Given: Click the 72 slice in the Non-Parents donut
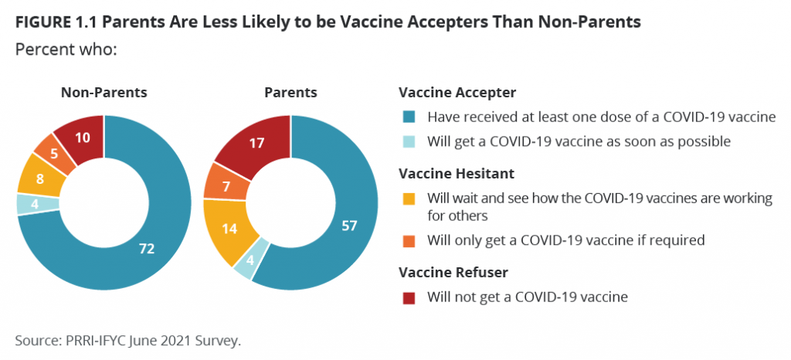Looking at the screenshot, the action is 151,247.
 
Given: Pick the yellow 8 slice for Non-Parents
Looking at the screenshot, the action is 39,177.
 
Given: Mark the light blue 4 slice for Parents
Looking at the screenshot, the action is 250,261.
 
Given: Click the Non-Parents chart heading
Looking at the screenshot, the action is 104,93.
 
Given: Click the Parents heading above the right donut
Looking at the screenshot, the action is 291,93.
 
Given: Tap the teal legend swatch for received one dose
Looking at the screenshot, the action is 409,117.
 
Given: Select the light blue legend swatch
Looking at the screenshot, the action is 409,141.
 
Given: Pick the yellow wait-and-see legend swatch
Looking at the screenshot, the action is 409,198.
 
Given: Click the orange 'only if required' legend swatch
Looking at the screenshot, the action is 409,240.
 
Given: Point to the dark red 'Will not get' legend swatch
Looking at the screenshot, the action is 409,297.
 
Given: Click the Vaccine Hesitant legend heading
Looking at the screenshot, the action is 457,174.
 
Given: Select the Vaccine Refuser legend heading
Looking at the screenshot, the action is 453,273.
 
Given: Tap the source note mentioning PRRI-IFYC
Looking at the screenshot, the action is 128,341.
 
